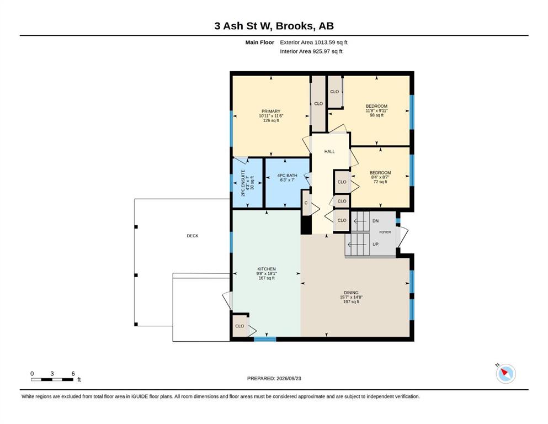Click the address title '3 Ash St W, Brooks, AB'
click(274, 26)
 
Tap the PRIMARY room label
click(271, 111)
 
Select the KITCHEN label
click(267, 269)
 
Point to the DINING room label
click(351, 293)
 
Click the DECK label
click(193, 236)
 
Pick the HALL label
click(329, 152)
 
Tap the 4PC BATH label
click(288, 176)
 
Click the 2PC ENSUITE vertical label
click(243, 183)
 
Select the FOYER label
click(385, 232)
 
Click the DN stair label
click(376, 221)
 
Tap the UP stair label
click(375, 245)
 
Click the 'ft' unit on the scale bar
click(79, 380)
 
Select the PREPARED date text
click(274, 378)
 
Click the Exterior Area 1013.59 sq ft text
click(313, 43)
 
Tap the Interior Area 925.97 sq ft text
click(311, 51)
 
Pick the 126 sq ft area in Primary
click(271, 120)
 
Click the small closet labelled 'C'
click(306, 203)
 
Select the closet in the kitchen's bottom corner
click(240, 326)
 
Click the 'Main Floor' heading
click(260, 43)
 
